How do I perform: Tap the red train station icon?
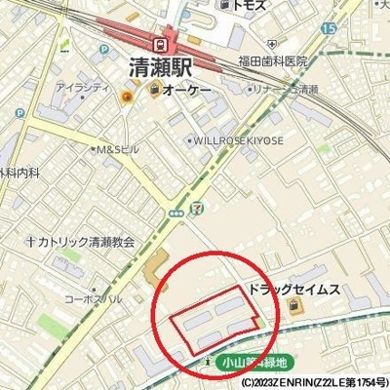coord(159,43)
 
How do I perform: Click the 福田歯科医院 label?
coord(273,60)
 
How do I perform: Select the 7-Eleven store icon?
coord(197,207)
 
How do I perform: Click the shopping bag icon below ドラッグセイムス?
coord(296,309)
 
